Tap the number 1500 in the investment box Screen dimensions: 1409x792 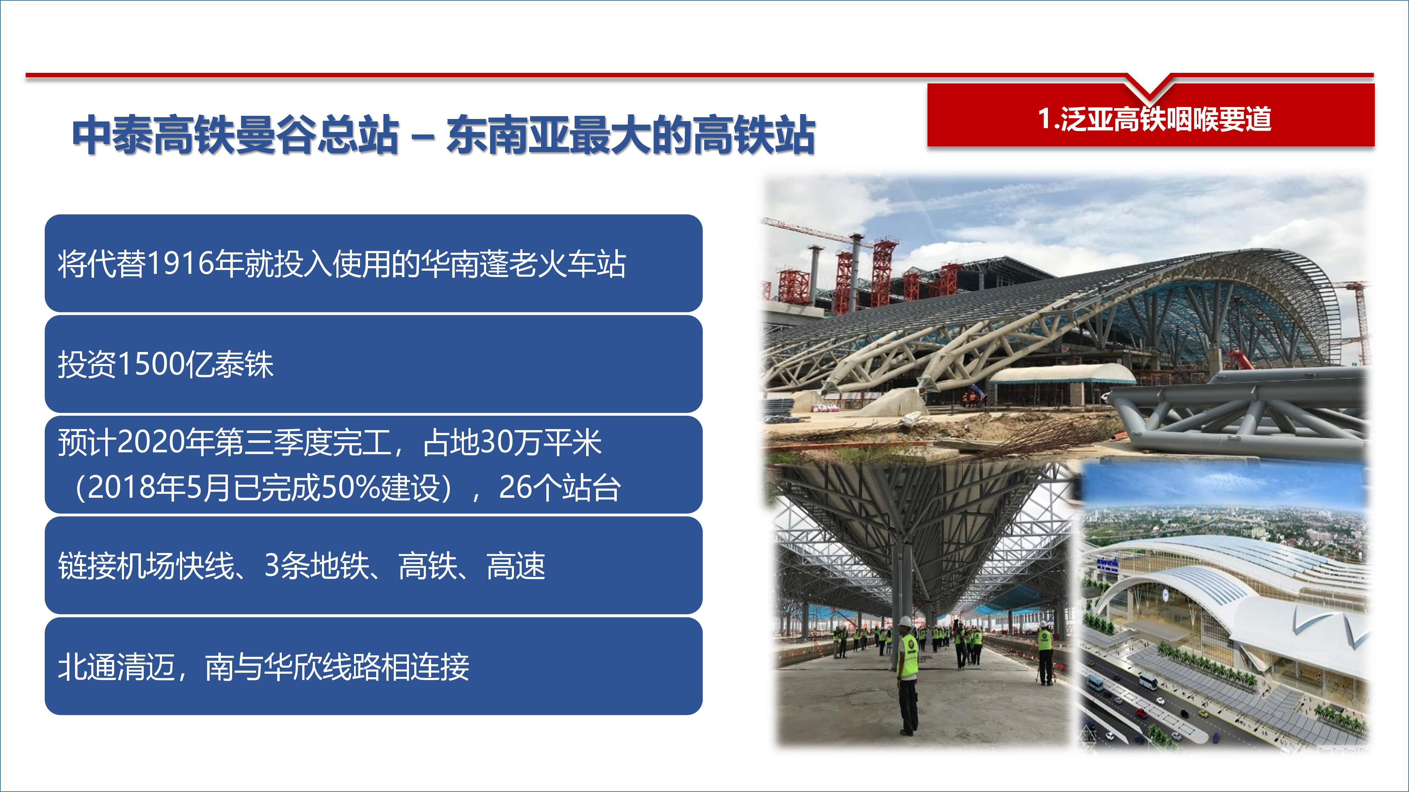pyautogui.click(x=151, y=365)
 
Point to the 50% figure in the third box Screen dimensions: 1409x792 pyautogui.click(x=350, y=488)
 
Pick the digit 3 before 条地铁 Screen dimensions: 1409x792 pyautogui.click(x=272, y=566)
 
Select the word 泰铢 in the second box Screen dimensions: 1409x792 pyautogui.click(x=244, y=365)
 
